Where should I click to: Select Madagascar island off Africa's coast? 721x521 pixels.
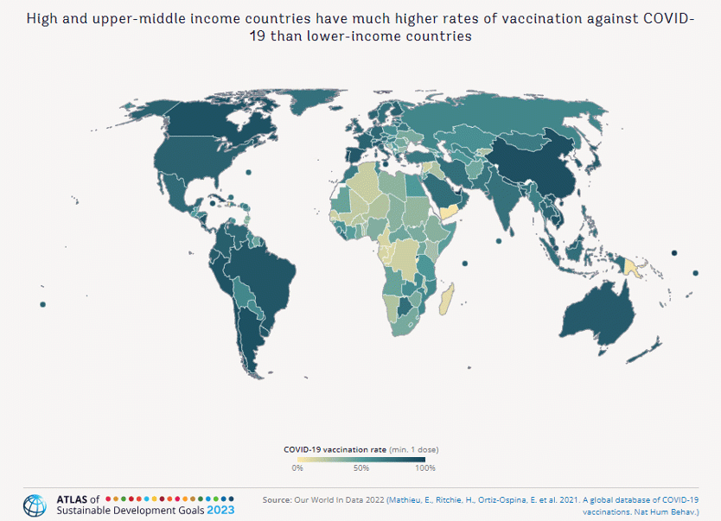click(x=446, y=297)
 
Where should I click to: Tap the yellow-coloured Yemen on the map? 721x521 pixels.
click(x=450, y=212)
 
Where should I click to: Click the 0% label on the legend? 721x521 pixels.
click(x=297, y=468)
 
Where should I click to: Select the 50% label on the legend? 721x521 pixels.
click(x=361, y=468)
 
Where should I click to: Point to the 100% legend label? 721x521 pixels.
click(x=425, y=468)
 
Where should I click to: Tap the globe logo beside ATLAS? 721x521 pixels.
click(x=35, y=505)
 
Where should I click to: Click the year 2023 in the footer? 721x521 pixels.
click(x=220, y=511)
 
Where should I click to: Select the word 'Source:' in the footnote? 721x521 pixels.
click(x=277, y=499)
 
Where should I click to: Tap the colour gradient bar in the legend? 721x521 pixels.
click(x=361, y=460)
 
